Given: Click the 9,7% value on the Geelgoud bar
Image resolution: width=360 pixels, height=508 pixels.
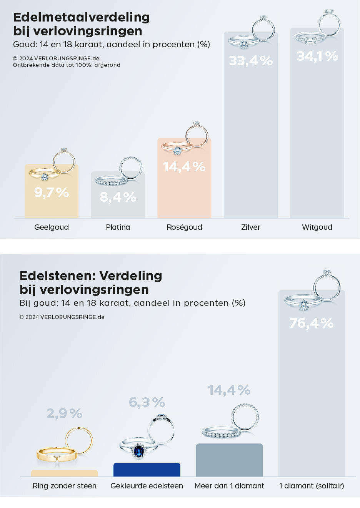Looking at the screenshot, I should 52,192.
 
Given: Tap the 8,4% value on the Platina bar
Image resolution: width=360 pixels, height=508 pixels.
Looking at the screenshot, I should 118,197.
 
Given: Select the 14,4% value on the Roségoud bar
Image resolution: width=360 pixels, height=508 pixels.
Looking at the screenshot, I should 184,167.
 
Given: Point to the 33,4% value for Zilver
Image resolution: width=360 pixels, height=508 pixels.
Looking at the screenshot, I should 251,61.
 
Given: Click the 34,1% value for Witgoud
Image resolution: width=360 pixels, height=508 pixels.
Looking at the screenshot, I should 317,56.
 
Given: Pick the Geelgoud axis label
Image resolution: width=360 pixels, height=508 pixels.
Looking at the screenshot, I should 52,227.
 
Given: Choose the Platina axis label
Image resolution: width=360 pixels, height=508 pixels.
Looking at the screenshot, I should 118,227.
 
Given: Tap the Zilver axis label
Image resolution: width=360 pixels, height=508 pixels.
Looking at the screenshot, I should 251,227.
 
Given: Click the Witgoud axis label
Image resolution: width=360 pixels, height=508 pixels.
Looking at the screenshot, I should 317,227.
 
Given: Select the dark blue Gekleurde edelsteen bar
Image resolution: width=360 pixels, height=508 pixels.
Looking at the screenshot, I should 147,470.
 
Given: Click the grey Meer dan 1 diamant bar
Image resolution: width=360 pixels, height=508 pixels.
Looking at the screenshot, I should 229,460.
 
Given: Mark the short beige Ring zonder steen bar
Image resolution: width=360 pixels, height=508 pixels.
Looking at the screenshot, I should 65,473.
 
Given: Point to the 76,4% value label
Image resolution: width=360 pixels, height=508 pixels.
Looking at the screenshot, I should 312,323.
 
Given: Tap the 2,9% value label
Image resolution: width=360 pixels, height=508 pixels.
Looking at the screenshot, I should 65,413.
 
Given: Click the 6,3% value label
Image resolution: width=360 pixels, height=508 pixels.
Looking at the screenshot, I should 147,402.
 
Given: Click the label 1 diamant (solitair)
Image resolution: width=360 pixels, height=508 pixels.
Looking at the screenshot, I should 312,486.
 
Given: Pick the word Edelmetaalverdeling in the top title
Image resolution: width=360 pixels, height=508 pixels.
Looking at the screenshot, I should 82,17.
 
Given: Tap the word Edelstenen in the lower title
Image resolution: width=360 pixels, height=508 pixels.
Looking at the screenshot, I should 57,276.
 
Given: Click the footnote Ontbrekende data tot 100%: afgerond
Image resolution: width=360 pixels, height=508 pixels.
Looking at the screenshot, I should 67,65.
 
